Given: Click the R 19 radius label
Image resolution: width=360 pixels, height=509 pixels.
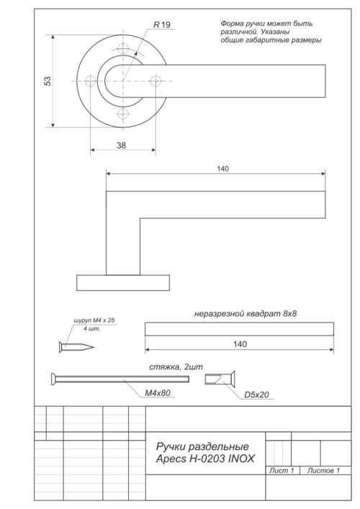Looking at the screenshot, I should tap(161, 25).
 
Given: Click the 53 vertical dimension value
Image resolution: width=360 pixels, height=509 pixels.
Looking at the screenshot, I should tap(48, 81).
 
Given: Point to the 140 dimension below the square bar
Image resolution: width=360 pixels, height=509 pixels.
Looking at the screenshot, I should tap(240, 344).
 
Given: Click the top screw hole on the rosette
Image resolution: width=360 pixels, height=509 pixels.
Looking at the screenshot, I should tap(123, 49).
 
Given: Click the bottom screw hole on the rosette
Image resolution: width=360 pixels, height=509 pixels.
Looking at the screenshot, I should tap(123, 115).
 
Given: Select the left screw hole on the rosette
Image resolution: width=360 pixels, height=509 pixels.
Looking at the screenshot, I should tap(90, 82).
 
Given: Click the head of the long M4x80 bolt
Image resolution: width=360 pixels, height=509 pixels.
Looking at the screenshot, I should tap(55, 379).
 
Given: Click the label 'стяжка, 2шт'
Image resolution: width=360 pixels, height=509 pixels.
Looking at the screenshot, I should tap(173, 366).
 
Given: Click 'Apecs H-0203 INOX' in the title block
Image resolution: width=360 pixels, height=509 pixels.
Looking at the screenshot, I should tap(204, 459).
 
